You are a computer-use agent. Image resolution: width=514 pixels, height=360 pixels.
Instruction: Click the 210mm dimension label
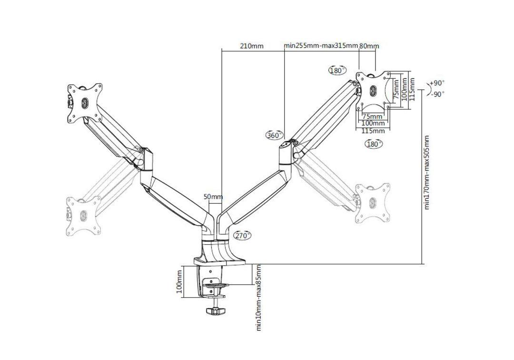point(251,46)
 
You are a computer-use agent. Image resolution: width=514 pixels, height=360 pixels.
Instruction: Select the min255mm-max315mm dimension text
point(321,46)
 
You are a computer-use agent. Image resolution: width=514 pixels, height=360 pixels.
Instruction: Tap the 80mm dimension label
point(369,46)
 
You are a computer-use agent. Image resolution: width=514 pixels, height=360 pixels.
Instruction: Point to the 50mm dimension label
point(213,197)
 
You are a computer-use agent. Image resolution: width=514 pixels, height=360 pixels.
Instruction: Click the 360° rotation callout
point(274,135)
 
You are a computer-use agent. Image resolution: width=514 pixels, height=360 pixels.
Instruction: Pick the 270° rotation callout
point(242,235)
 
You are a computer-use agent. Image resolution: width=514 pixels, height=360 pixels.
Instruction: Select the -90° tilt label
point(437,94)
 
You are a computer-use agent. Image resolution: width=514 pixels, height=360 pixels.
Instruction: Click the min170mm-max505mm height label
point(427,172)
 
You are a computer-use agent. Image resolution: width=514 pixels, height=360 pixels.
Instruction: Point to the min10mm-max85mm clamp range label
point(259,298)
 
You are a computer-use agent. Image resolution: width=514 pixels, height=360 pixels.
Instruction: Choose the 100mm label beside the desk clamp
point(180,281)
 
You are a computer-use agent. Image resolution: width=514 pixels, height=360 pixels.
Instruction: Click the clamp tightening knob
point(216,311)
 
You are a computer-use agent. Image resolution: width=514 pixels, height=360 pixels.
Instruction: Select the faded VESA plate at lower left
point(84,215)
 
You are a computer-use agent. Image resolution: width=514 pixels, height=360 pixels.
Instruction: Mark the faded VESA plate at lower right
point(373,203)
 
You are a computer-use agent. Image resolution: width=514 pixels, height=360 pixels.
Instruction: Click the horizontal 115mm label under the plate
point(373,131)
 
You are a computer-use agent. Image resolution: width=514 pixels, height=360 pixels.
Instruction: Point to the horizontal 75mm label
point(372,116)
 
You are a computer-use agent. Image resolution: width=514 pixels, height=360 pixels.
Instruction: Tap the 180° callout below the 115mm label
point(374,144)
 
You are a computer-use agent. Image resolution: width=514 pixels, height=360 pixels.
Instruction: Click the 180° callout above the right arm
point(337,70)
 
